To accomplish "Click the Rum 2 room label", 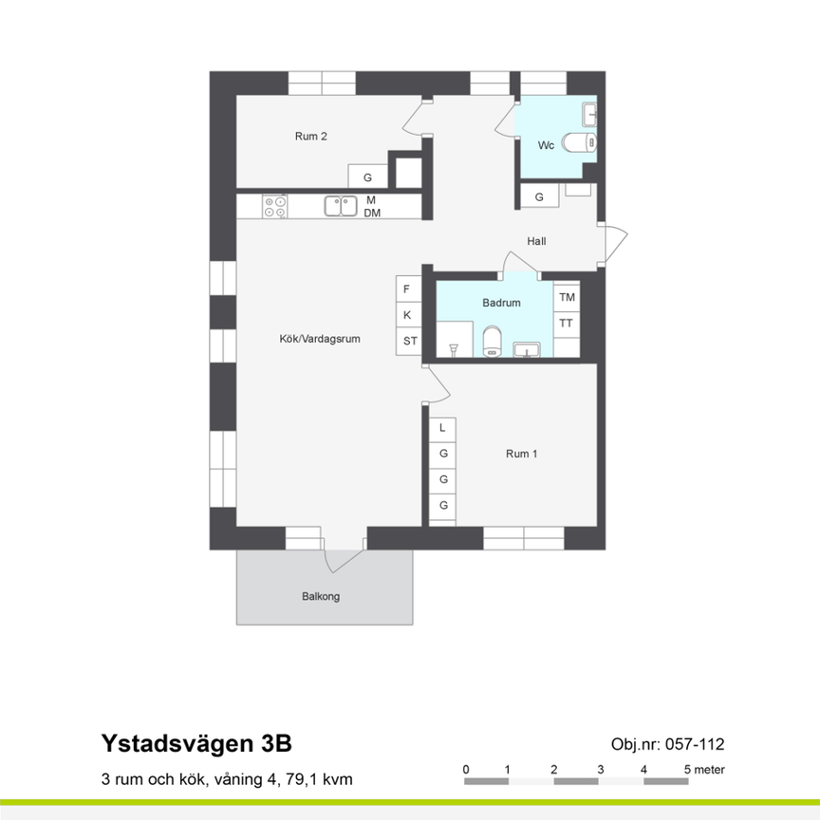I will coord(311,137).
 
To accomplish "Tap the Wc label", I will coord(546,145).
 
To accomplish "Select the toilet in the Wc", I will coord(578,142).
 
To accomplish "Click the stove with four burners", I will coord(276,206).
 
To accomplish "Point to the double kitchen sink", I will coord(340,206).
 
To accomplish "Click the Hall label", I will coord(536,241).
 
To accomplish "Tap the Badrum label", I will coord(501,304).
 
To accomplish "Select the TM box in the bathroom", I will coord(567,298).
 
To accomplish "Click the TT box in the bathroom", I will coord(567,324).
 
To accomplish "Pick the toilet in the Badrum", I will coord(492,343).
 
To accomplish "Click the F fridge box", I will coord(408,289).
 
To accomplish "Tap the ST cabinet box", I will coord(408,341).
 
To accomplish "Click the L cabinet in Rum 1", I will coord(442,429).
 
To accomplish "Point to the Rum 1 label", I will coord(522,454).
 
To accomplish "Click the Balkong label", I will coord(321,597).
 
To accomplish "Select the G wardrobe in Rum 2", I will coord(367,177).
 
